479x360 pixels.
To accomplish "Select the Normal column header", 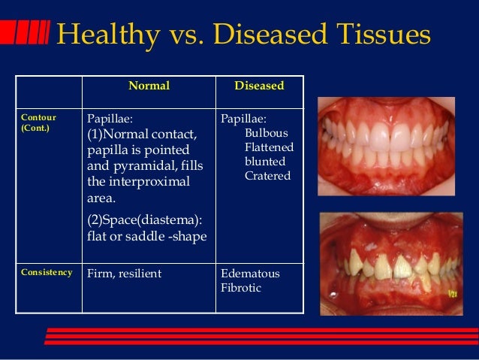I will pos(149,86).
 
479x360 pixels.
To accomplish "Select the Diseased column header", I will pos(259,86).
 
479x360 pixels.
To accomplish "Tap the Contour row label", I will pos(38,119).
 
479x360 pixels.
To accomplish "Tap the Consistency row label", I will pos(47,272).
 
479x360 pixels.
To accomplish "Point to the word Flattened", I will pos(269,147).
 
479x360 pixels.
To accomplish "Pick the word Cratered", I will pos(267,176).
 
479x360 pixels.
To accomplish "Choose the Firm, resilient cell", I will pos(125,274).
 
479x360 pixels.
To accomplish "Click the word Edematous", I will pos(250,274).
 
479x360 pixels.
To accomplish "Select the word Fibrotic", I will pos(241,288).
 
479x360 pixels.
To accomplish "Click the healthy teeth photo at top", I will pos(393,150).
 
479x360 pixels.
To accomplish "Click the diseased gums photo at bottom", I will pos(393,263).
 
